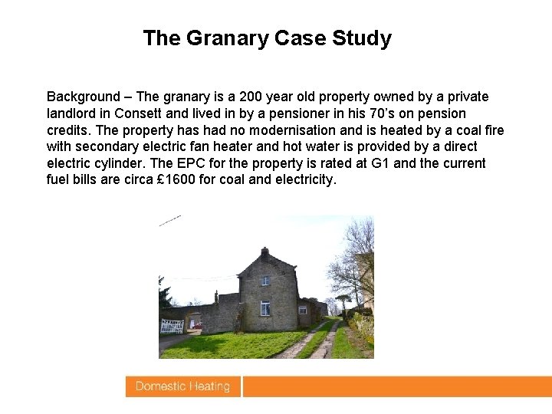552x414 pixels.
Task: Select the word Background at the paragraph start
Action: (x=84, y=97)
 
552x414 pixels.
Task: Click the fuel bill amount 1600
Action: (x=174, y=180)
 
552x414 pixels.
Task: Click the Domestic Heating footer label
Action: (x=182, y=386)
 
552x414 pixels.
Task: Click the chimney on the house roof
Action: (x=264, y=251)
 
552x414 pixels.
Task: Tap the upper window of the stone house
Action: (x=264, y=281)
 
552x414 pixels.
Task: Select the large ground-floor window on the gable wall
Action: (x=264, y=308)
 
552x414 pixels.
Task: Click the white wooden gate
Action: (x=171, y=325)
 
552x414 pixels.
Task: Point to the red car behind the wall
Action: (x=198, y=326)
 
